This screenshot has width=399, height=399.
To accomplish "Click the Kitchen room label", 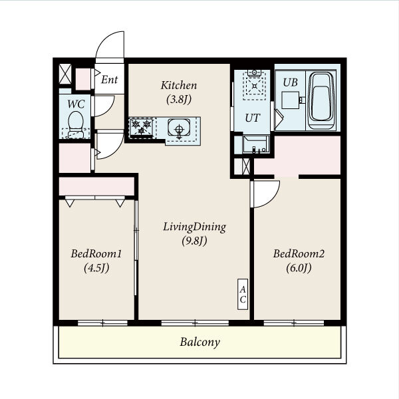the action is click(179, 86).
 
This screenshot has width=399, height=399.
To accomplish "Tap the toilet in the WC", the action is click(76, 125).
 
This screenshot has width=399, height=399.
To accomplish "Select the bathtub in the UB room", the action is click(321, 101).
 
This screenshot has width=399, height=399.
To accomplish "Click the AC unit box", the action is click(243, 294).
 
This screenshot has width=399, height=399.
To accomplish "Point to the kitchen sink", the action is click(179, 128).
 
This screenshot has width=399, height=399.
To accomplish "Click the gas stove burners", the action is click(142, 128).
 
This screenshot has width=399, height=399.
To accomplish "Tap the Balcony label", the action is click(199, 342).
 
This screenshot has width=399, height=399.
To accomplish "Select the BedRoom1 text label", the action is click(96, 254).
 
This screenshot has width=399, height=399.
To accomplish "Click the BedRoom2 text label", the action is click(299, 254).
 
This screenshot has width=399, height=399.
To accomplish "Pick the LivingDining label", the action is click(194, 227).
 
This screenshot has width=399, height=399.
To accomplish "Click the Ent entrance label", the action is click(110, 80).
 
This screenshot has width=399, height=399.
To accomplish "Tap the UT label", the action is click(253, 118).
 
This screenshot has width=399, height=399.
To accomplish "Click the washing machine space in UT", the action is click(255, 85).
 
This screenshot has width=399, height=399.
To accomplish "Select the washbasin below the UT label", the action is click(256, 144).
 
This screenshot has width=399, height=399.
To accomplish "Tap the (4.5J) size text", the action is click(96, 268).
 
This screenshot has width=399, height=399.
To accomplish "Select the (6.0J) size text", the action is click(299, 268).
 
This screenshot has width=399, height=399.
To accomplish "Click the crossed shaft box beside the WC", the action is click(65, 74).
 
